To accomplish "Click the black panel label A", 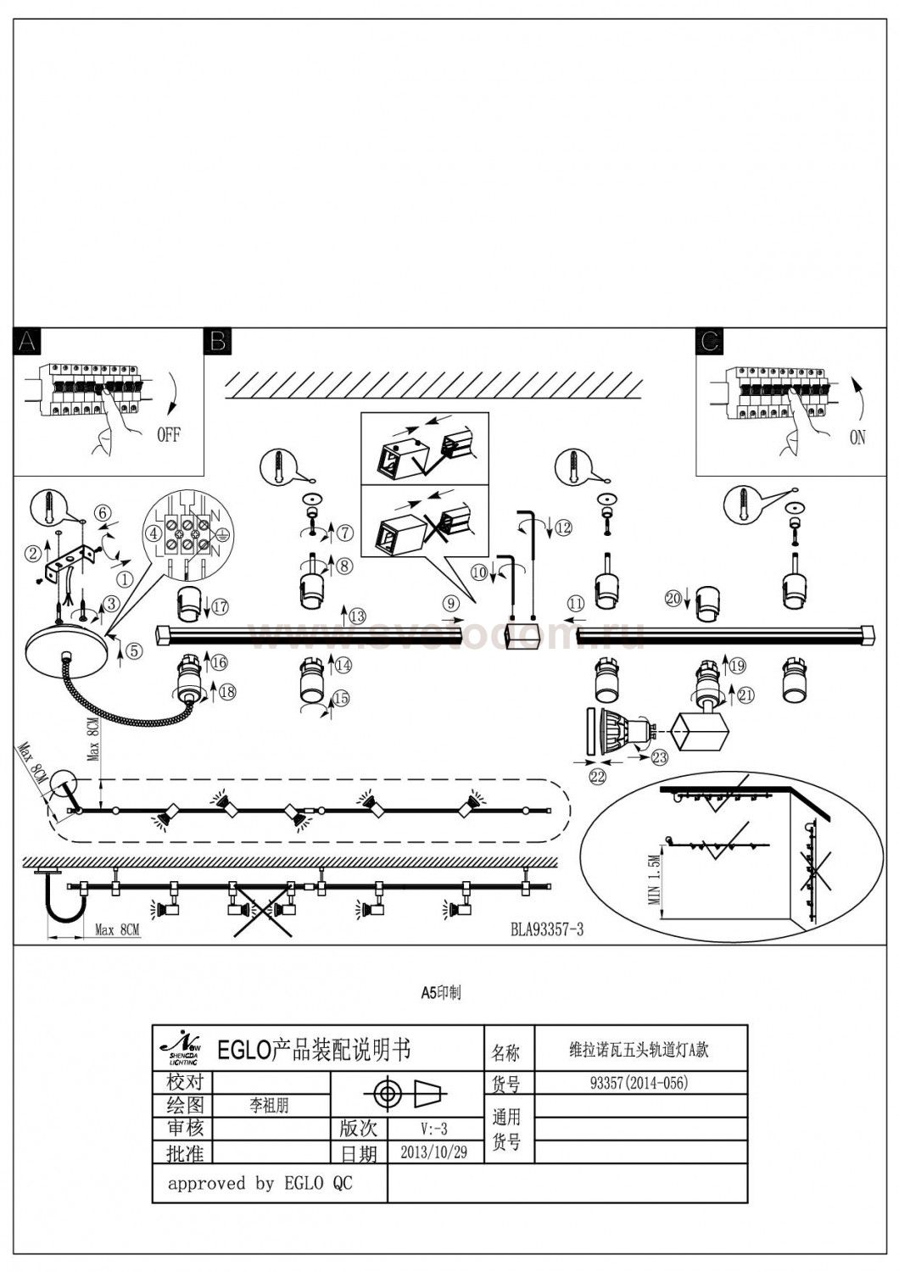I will (27, 341).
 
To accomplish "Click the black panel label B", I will (217, 341).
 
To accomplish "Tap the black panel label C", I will (709, 341).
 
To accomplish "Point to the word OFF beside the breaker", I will (169, 435).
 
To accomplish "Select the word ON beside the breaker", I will (857, 438).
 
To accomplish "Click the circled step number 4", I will (153, 534).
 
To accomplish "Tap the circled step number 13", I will (357, 616).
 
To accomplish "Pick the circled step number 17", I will (221, 606).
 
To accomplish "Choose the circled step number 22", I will (599, 774).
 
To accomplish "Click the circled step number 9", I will (449, 602).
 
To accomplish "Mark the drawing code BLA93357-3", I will (547, 929).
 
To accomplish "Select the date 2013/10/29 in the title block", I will (433, 1152).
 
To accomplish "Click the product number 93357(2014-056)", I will (639, 1083).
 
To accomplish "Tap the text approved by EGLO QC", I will (260, 1183).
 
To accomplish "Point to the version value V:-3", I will (433, 1129).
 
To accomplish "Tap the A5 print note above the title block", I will (441, 991).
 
